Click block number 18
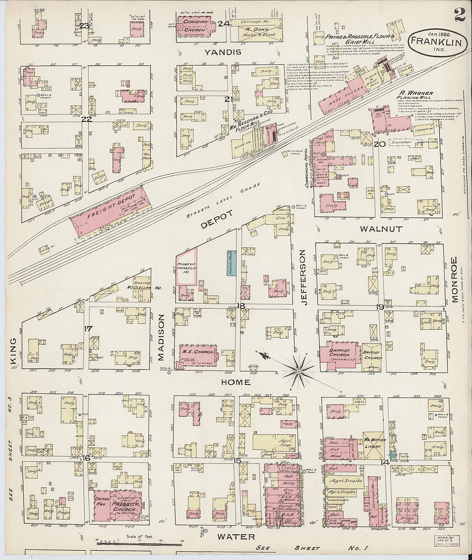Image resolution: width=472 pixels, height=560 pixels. click(x=241, y=306)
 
